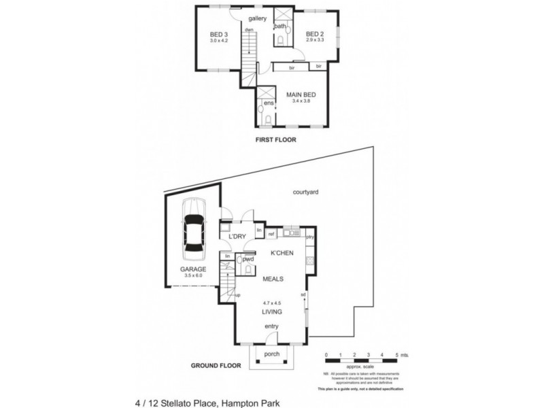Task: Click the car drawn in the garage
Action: (194, 229)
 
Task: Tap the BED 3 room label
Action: (217, 35)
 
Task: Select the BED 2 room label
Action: (313, 35)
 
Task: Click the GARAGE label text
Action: (193, 269)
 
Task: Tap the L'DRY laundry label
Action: (237, 236)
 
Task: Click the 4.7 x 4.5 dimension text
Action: (273, 303)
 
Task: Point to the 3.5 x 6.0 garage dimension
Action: (193, 275)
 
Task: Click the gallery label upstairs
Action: (257, 18)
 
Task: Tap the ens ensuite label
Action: (268, 103)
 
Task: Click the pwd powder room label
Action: (248, 260)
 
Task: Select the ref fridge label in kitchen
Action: (271, 235)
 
